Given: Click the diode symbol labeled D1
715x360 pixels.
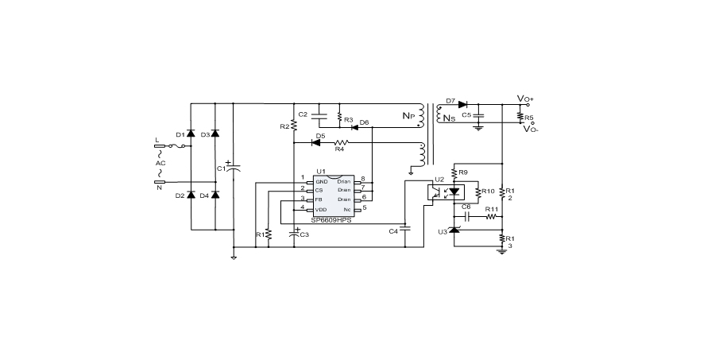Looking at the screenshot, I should pyautogui.click(x=191, y=135).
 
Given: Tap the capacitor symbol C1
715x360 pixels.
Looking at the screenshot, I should pyautogui.click(x=234, y=168).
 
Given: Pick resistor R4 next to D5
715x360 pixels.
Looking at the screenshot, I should pyautogui.click(x=339, y=143).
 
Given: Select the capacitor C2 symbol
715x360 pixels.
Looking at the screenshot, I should pyautogui.click(x=319, y=116).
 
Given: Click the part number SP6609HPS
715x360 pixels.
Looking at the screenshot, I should pyautogui.click(x=331, y=219).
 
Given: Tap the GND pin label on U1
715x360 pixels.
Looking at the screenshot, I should pyautogui.click(x=321, y=181).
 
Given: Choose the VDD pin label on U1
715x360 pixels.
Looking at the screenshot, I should pyautogui.click(x=321, y=209).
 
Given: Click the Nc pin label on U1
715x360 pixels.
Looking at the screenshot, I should pyautogui.click(x=347, y=209).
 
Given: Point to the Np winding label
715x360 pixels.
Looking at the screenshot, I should pyautogui.click(x=408, y=115).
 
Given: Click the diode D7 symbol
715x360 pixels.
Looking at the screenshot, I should pyautogui.click(x=462, y=103).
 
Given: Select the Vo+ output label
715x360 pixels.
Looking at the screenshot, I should pyautogui.click(x=525, y=99).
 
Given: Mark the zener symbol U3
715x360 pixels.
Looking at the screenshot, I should pyautogui.click(x=454, y=230).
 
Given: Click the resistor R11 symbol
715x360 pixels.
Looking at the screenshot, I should pyautogui.click(x=491, y=215).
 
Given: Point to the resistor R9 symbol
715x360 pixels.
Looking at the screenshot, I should pyautogui.click(x=454, y=172).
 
